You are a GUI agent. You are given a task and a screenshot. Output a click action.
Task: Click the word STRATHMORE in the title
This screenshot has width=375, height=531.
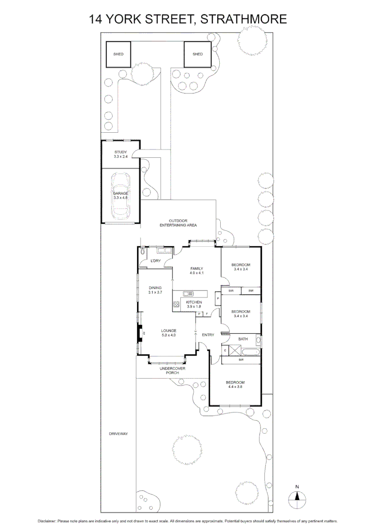tap(244, 19)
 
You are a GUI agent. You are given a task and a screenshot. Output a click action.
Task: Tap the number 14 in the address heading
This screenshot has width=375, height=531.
tap(96, 19)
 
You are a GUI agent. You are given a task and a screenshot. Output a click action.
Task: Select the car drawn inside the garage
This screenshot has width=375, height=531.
tap(121, 196)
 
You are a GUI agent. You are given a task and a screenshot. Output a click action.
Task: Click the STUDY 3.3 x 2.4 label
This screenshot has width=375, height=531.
tap(120, 154)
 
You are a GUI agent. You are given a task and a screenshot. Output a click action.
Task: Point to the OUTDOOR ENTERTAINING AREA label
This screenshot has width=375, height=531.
tap(178, 223)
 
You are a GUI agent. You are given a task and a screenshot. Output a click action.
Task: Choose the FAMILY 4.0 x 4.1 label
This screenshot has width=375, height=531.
tap(197, 270)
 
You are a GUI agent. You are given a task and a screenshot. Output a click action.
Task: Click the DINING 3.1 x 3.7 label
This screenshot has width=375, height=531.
tap(155, 290)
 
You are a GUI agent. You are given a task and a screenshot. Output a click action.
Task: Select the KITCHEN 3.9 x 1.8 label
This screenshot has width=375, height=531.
tap(194, 304)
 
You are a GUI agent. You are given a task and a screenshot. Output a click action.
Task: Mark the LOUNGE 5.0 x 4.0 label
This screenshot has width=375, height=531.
tap(169, 332)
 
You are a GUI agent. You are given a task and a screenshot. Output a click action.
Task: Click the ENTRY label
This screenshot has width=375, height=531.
tap(208, 335)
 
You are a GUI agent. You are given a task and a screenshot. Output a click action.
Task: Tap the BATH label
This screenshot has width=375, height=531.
tap(243, 339)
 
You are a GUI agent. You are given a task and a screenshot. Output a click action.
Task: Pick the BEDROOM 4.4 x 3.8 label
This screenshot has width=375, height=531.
tap(235, 384)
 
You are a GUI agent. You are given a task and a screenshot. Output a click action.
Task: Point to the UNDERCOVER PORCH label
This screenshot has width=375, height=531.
tap(169, 371)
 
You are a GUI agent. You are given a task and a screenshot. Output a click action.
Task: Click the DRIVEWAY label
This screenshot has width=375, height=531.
tap(118, 434)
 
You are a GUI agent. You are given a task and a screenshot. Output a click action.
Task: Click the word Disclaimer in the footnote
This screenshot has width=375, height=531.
tap(47, 521)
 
